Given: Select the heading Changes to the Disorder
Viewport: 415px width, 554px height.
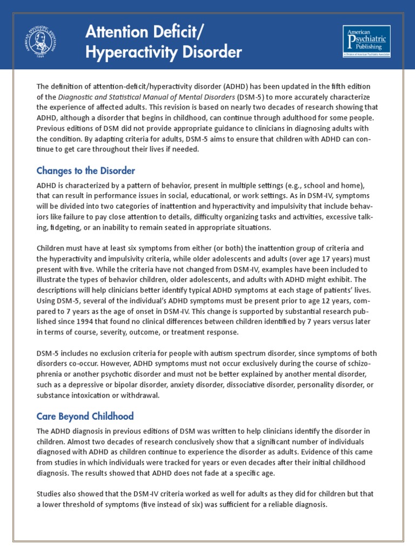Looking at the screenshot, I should pos(85,170).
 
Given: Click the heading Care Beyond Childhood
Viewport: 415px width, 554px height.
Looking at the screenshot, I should pos(85,417).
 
